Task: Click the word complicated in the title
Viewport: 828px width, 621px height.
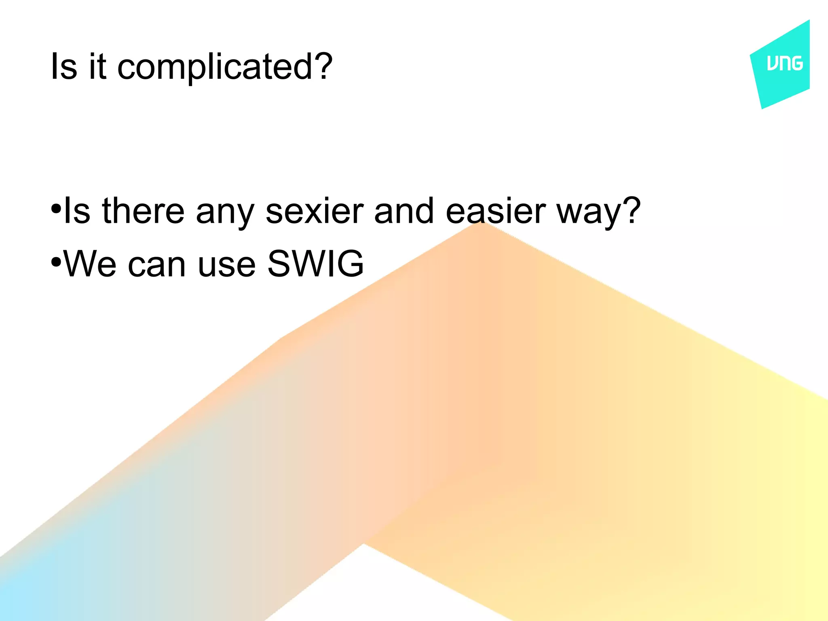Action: coord(215,67)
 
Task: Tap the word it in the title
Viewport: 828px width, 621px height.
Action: coord(97,66)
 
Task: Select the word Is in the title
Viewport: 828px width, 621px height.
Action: coord(63,66)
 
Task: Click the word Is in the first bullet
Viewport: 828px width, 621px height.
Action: coord(77,211)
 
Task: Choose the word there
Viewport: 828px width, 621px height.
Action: coord(143,211)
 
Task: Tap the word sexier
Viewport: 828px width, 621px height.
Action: coord(315,211)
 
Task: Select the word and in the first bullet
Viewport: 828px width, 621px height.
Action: coord(404,211)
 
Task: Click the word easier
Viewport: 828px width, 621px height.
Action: coord(496,211)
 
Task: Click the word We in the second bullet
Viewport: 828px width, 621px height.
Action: coord(90,264)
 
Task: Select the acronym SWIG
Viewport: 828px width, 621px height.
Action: coord(315,264)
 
